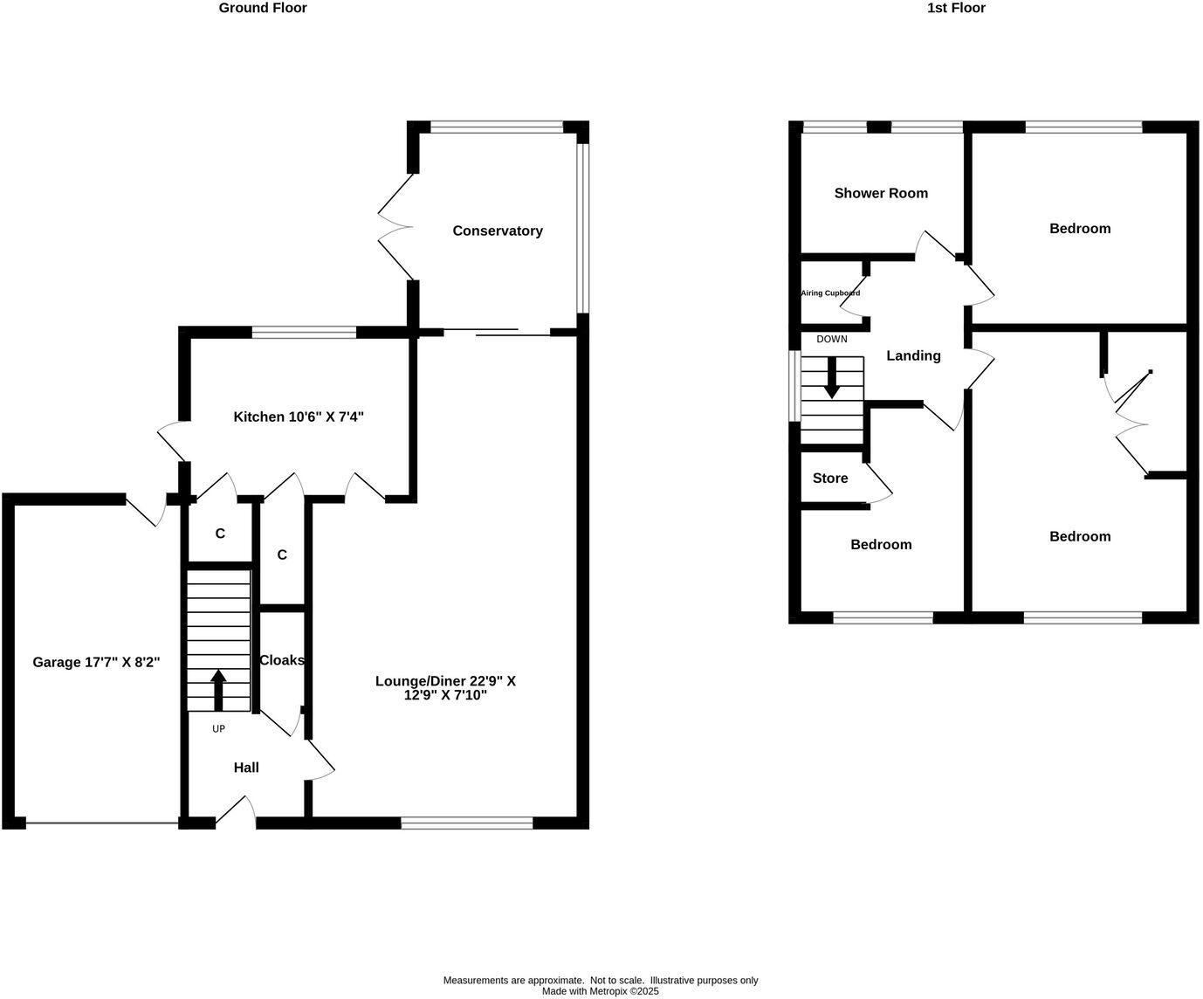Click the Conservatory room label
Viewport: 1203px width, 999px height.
point(498,231)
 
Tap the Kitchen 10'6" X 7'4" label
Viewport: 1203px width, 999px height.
point(299,417)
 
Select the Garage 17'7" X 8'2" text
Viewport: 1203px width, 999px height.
point(96,663)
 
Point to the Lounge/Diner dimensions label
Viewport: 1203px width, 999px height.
point(445,688)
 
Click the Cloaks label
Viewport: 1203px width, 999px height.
point(282,660)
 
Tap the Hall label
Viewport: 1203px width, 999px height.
point(246,768)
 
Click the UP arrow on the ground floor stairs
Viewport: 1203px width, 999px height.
point(218,689)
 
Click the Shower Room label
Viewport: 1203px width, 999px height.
point(881,193)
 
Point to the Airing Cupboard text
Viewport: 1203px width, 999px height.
point(830,293)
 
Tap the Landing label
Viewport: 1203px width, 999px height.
point(913,355)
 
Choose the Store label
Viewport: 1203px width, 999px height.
point(830,479)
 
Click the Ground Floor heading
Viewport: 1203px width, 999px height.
point(263,8)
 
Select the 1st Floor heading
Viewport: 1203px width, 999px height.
point(957,8)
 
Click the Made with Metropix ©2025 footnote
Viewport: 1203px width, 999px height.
point(601,991)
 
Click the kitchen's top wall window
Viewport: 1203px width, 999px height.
point(304,332)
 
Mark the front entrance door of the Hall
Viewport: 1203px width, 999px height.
point(236,812)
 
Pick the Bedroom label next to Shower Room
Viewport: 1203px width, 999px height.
point(1080,229)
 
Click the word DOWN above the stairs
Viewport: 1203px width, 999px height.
point(832,339)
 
